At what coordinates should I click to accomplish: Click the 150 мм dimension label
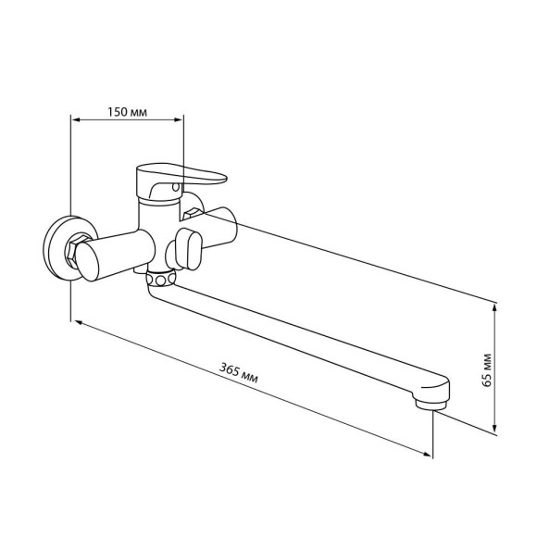click(x=128, y=112)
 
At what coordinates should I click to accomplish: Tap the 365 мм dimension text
click(x=239, y=373)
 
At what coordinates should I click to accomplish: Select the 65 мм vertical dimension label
click(x=486, y=370)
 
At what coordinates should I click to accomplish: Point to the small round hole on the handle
click(x=176, y=187)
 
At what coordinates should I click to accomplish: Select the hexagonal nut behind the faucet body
click(x=191, y=213)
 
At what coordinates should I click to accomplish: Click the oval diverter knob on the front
click(x=188, y=249)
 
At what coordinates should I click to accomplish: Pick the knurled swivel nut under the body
click(x=160, y=278)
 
